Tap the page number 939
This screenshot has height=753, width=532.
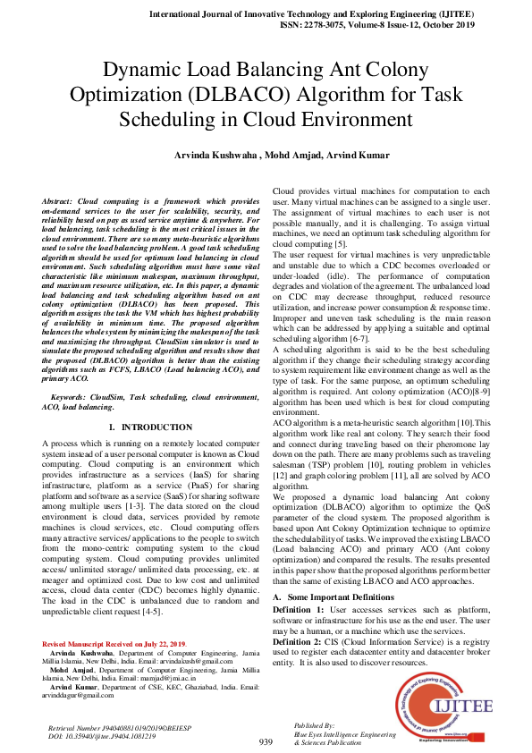coord(266,742)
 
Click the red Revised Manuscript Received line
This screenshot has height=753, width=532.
coord(114,643)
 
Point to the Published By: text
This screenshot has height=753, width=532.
coord(315,724)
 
